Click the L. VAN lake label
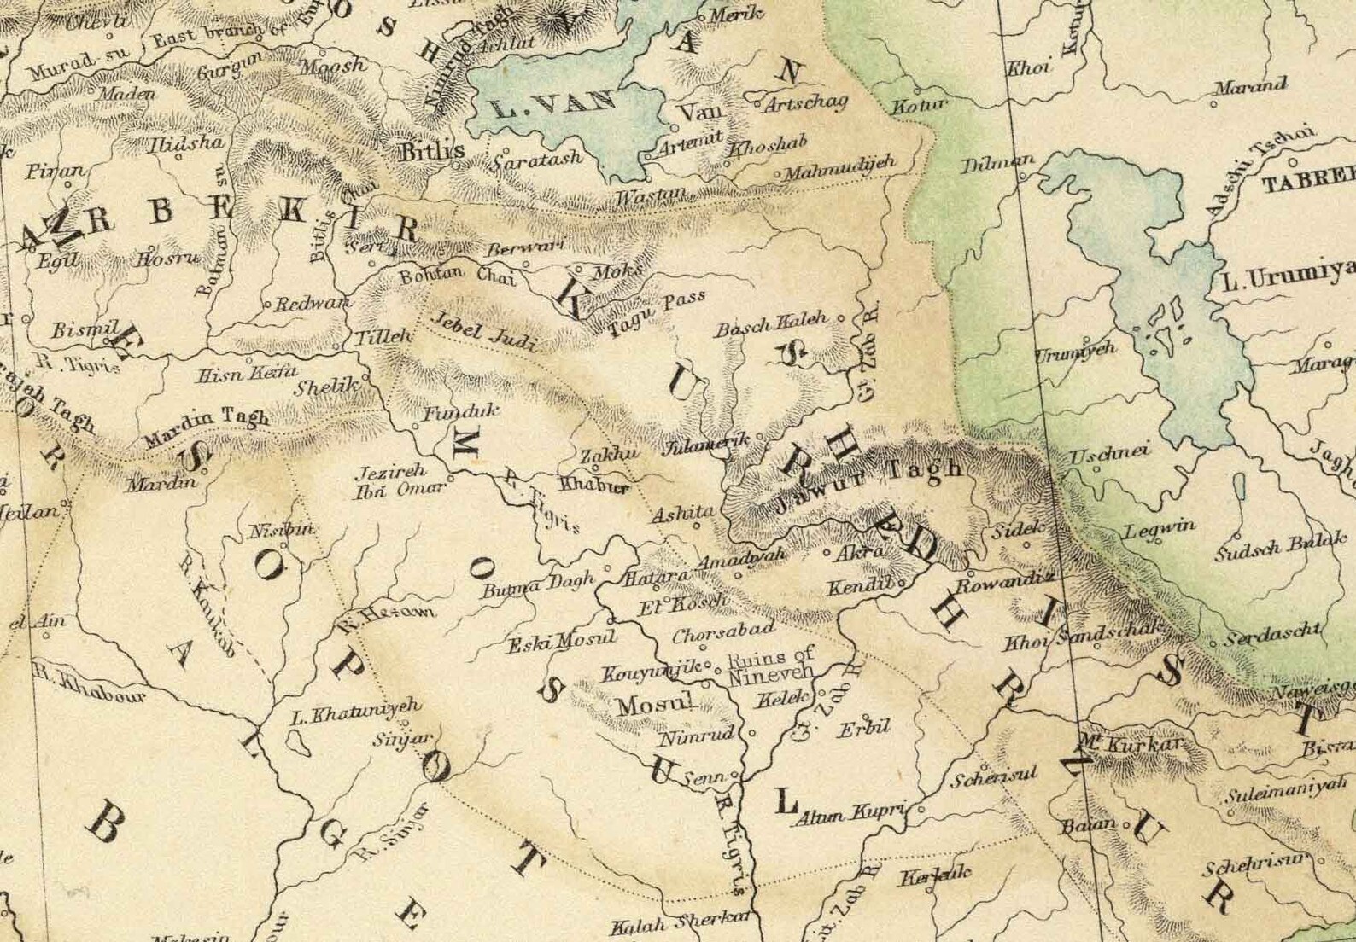click(554, 106)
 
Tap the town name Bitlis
click(433, 151)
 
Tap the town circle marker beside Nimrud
click(752, 733)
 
